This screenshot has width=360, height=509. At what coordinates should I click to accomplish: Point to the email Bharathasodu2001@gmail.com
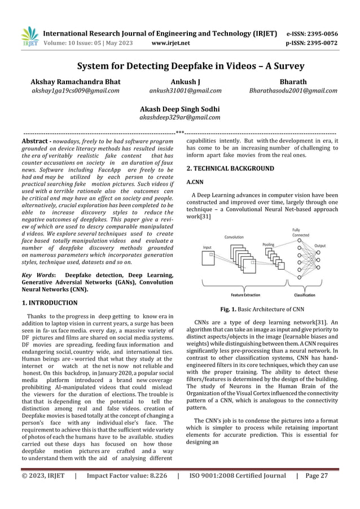293,90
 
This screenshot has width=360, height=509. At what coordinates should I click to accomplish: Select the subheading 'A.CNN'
195,183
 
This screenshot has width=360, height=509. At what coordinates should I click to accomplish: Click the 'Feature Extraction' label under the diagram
245,295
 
